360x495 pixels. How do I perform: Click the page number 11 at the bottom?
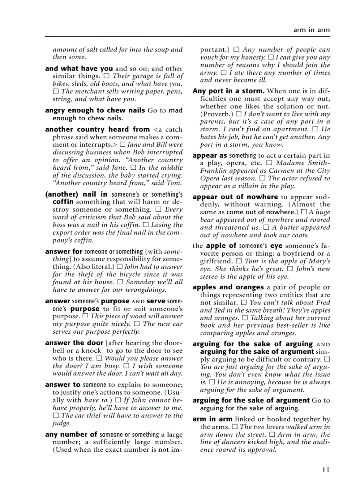[326, 470]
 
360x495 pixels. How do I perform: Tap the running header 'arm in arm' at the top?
[311, 30]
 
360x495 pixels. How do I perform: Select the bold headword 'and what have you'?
[79, 68]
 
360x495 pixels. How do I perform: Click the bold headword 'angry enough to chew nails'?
[95, 110]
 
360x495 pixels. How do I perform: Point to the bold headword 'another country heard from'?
[97, 129]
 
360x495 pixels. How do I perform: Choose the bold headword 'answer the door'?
[74, 342]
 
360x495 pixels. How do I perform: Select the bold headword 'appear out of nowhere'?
[235, 197]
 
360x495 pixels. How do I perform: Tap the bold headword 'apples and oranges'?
[228, 287]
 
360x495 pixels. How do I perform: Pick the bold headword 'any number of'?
[71, 435]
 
